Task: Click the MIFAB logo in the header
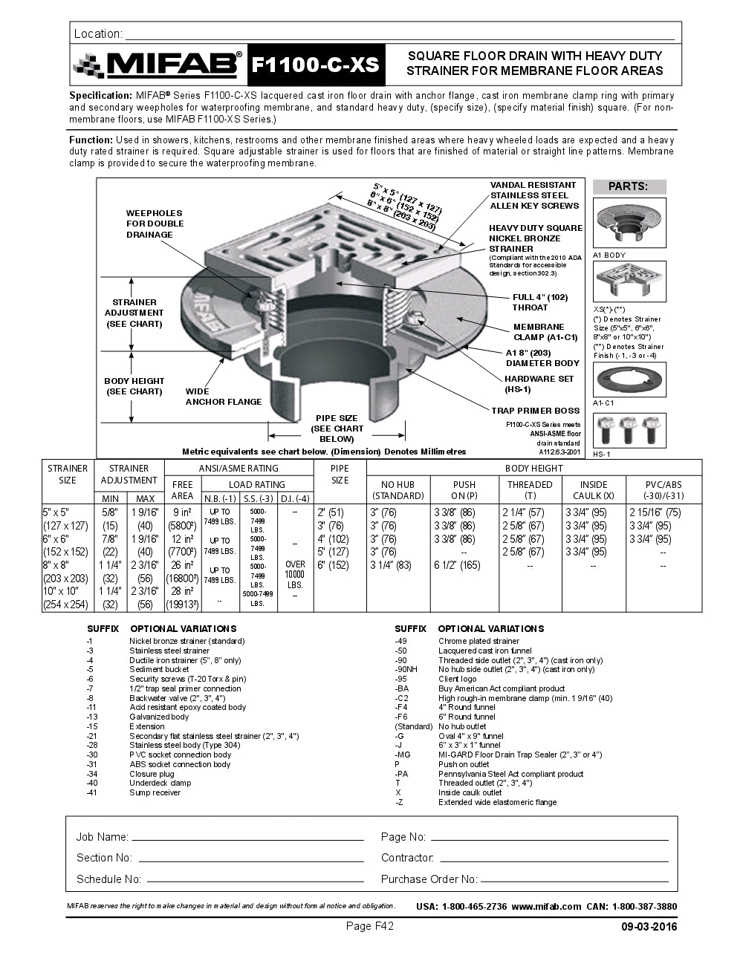pyautogui.click(x=158, y=65)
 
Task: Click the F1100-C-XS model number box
pyautogui.click(x=315, y=65)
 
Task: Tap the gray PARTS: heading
pyautogui.click(x=629, y=186)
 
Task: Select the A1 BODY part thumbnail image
pyautogui.click(x=629, y=223)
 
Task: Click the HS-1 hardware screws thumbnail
pyautogui.click(x=629, y=430)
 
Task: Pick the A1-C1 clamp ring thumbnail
pyautogui.click(x=629, y=379)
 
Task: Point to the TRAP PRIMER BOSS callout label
pyautogui.click(x=535, y=411)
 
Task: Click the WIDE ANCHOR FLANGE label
pyautogui.click(x=223, y=397)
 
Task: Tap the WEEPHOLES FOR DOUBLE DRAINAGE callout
pyautogui.click(x=155, y=224)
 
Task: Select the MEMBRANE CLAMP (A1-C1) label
pyautogui.click(x=545, y=332)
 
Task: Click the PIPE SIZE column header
pyautogui.click(x=340, y=474)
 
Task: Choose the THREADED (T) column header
pyautogui.click(x=530, y=489)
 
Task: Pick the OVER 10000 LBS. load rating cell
pyautogui.click(x=295, y=574)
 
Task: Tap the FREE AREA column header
pyautogui.click(x=182, y=489)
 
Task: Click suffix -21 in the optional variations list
pyautogui.click(x=92, y=736)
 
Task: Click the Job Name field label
pyautogui.click(x=102, y=837)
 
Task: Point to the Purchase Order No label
pyautogui.click(x=429, y=879)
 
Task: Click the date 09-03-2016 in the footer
pyautogui.click(x=649, y=927)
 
